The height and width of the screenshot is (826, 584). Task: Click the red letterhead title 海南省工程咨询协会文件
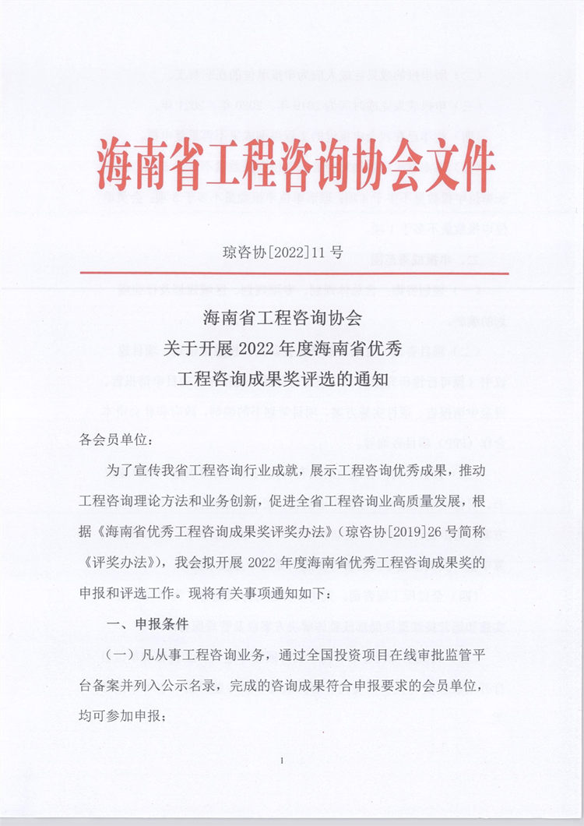296,165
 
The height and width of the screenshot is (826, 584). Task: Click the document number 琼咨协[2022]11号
283,252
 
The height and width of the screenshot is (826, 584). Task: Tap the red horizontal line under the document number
294,273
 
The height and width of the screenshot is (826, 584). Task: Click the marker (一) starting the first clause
114,656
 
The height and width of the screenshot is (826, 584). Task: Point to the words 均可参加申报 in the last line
119,717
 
